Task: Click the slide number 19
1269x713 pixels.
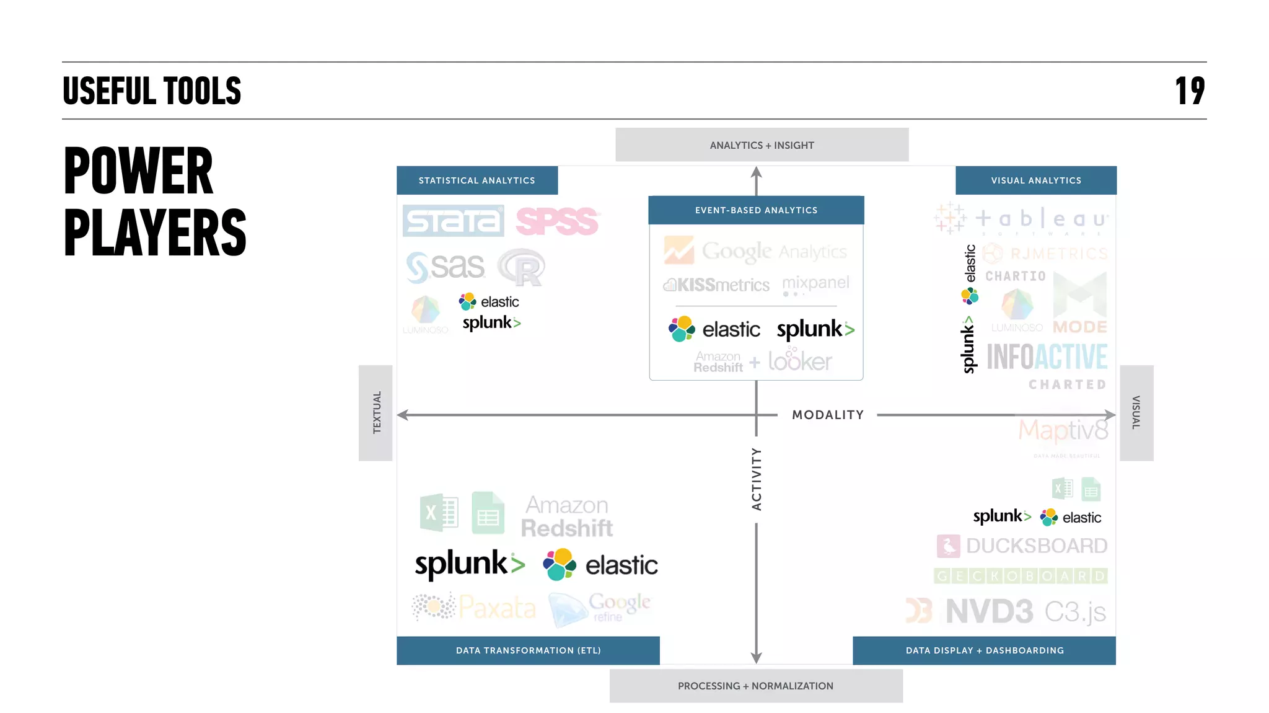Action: (1189, 91)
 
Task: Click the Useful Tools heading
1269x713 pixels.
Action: (152, 91)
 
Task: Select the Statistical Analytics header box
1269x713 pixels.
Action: (476, 180)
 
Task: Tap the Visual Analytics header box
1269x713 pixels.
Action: (1035, 180)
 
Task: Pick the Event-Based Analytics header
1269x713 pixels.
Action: (756, 210)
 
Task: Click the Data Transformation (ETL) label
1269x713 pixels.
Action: (528, 650)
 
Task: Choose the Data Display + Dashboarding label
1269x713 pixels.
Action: (984, 650)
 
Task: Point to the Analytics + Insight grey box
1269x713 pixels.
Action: (762, 145)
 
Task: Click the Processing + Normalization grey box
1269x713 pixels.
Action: (755, 686)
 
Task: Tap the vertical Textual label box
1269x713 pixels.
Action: (376, 412)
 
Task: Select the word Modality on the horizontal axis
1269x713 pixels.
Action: (827, 415)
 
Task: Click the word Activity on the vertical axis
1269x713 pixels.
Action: (756, 479)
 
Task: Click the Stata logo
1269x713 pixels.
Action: (453, 221)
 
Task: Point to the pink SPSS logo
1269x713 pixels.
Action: (556, 221)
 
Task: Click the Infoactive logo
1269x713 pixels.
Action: (1046, 356)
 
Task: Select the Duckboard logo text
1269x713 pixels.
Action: (1036, 546)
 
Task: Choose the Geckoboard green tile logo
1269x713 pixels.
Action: (1020, 576)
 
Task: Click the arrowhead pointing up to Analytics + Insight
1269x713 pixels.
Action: (756, 172)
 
